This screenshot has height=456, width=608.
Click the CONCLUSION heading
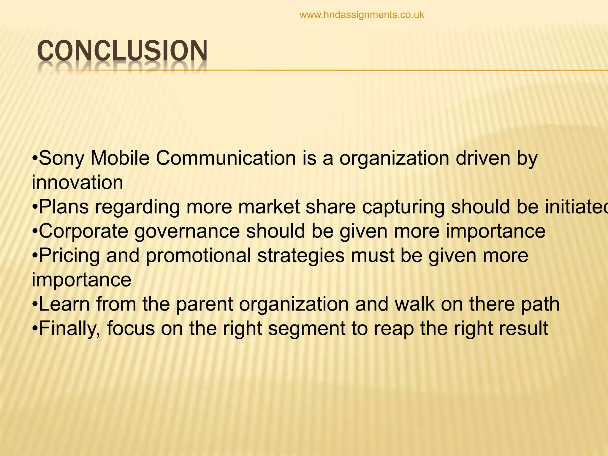[122, 51]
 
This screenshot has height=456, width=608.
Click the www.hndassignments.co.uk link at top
[362, 15]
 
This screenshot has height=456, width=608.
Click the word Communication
[226, 158]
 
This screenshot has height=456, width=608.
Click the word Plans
[64, 207]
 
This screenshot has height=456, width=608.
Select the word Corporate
[83, 231]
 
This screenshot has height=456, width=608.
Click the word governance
[187, 232]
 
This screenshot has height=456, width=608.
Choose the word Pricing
[69, 256]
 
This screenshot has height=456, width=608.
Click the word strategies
[301, 256]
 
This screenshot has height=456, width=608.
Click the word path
[540, 305]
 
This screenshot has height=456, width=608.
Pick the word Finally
[70, 329]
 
